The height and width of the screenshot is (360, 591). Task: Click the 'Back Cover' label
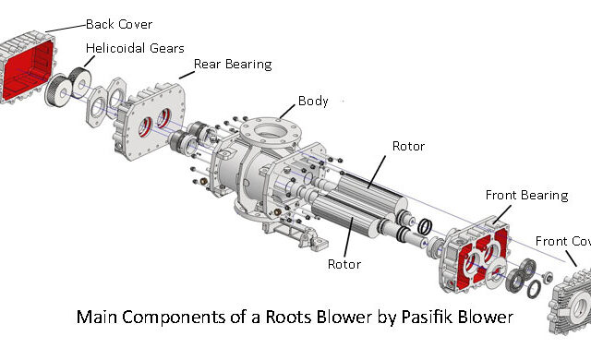[x=118, y=23]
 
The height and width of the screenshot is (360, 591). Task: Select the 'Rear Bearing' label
[x=232, y=64]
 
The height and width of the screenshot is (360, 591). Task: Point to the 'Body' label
[x=313, y=101]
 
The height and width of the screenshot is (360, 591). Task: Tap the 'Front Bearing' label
[x=524, y=196]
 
